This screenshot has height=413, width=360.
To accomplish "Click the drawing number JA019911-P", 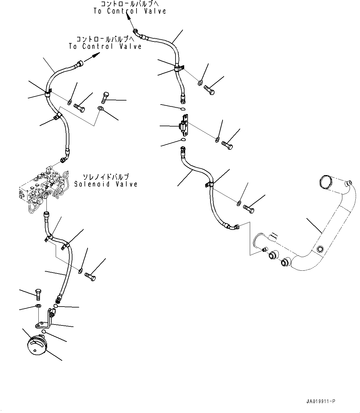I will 320,401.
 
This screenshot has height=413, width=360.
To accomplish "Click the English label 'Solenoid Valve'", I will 106,184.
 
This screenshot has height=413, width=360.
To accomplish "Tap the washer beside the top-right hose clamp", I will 200,83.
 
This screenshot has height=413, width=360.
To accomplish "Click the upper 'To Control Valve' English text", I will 130,11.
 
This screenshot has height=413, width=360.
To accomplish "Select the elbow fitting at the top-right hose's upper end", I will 137,32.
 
